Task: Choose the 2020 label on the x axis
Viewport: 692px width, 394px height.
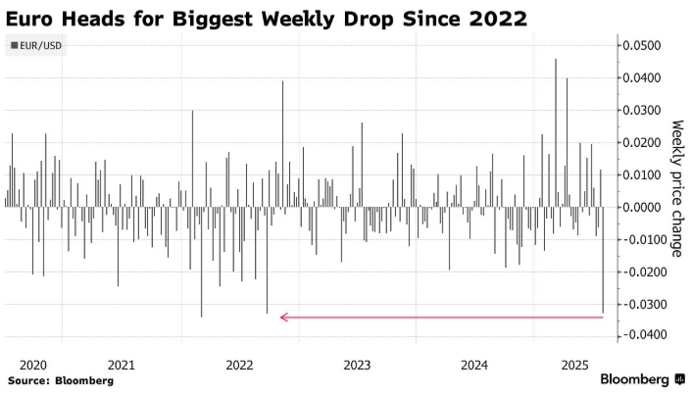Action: pos(33,364)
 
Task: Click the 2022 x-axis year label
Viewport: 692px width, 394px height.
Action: pos(239,364)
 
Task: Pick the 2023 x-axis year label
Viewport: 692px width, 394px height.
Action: pos(356,364)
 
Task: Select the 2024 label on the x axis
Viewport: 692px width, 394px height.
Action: pos(473,364)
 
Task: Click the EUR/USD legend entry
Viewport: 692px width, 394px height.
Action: pos(35,45)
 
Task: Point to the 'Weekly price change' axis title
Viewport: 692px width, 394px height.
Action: pos(676,189)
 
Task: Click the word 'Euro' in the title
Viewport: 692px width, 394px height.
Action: pos(36,18)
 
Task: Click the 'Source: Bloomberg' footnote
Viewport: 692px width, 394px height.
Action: pos(61,379)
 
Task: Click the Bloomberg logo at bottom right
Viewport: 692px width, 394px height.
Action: pos(642,378)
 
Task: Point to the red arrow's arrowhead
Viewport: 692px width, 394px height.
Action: pos(283,317)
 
